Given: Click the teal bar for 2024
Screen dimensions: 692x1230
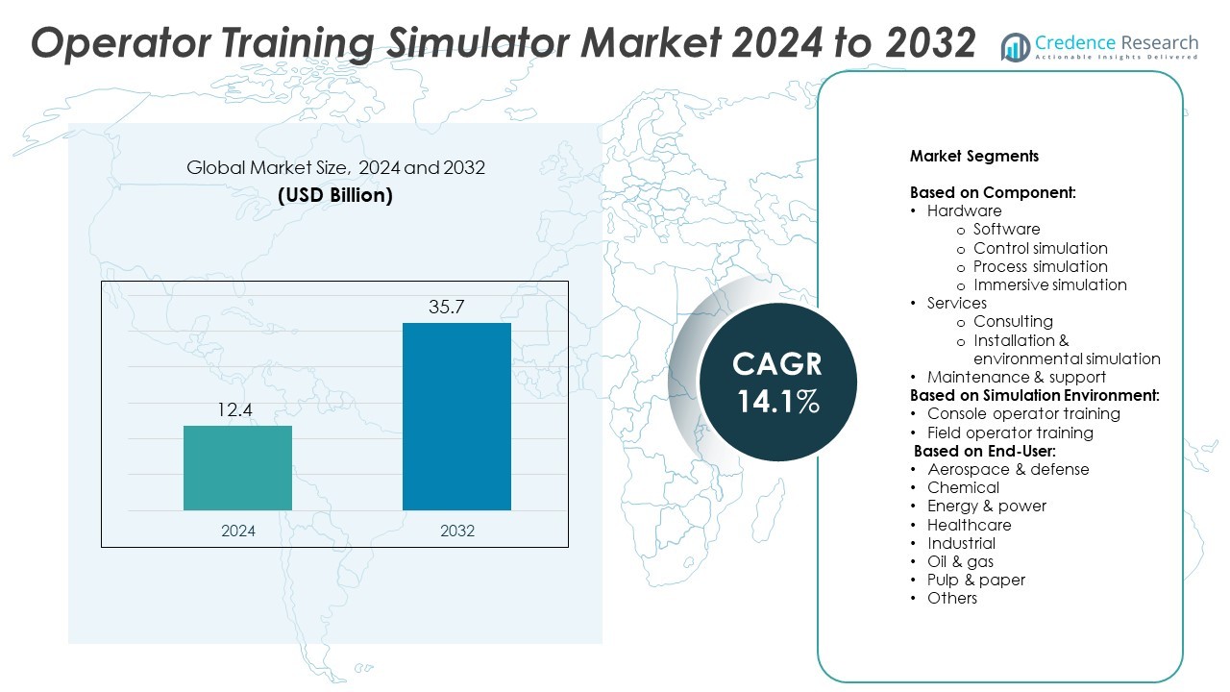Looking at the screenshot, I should coord(237,468).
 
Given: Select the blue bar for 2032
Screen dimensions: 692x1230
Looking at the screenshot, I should coord(456,416).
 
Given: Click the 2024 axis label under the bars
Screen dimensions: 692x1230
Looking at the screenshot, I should coord(237,531).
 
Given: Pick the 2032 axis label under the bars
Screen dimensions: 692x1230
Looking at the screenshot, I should coord(456,531).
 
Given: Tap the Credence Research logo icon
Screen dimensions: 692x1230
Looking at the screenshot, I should coord(1015,46).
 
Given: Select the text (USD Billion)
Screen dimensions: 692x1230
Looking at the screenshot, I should coord(335,195).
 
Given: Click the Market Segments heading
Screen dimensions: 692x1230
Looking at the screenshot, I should coord(974,156).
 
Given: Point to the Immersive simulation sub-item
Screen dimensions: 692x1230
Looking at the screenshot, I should coord(1049,284).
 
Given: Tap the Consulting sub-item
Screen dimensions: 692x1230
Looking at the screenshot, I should coord(1013,321).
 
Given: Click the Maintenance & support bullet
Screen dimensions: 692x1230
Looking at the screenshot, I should coord(1016,377).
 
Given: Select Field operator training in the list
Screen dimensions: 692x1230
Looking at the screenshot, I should coord(1010,432).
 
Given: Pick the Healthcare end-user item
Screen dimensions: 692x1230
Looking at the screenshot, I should coord(969,525).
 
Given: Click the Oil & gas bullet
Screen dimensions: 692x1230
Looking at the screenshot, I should coord(960,561).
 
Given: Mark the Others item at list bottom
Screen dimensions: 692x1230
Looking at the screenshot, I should coord(951,598).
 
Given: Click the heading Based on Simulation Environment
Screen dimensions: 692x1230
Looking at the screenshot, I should coord(1034,395).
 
